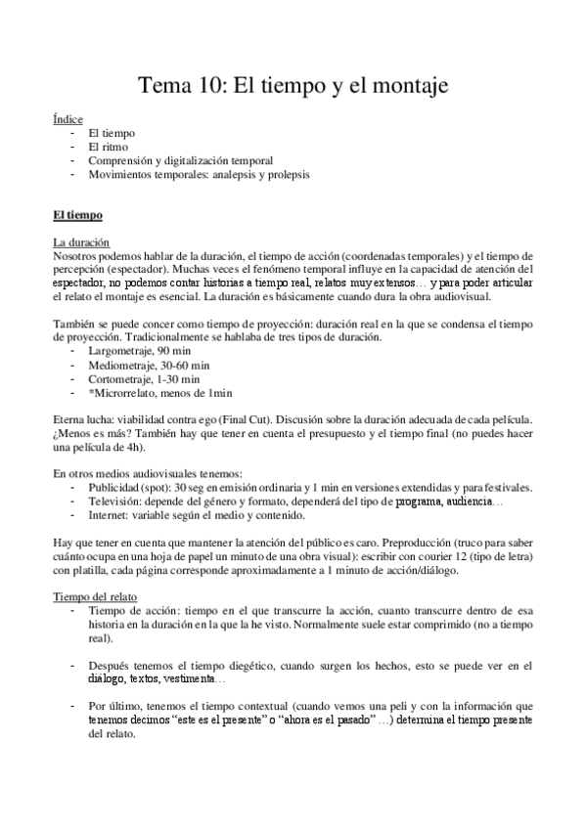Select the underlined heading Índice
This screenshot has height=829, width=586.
[x=68, y=117]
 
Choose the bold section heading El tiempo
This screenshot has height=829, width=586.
[x=84, y=215]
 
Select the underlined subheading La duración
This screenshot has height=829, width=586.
[x=81, y=241]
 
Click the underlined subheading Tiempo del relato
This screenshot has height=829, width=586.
[x=96, y=596]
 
